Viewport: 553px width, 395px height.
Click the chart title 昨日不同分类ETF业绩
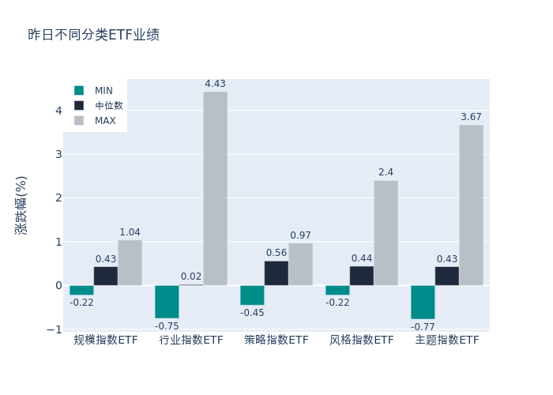pos(93,35)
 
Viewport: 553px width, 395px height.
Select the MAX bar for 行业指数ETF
pos(215,188)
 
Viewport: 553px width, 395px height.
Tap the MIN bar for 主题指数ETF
pos(423,302)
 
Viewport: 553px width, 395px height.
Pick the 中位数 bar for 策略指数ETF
pos(276,273)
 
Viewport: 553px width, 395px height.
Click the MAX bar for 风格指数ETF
pos(386,233)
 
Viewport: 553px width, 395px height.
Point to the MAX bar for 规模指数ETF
pos(130,262)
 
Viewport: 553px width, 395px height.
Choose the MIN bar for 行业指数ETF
pos(167,301)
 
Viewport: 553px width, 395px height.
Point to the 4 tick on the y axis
pos(58,111)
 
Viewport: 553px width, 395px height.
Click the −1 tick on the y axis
pos(56,329)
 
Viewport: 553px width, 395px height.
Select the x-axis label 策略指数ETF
pos(276,340)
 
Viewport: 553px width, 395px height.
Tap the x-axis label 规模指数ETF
pos(106,340)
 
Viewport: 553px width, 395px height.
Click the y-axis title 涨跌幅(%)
pos(21,205)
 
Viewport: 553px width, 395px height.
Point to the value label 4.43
pos(215,84)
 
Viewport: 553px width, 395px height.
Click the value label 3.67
pos(471,117)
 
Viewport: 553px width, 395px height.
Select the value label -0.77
pos(423,326)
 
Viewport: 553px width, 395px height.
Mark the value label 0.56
pos(276,253)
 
